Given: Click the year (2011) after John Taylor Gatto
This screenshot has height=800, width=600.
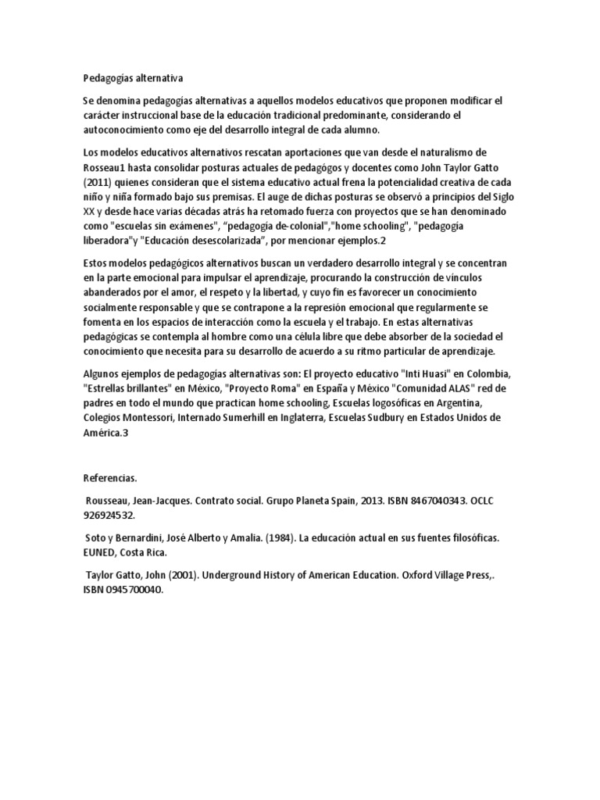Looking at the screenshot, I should point(98,180).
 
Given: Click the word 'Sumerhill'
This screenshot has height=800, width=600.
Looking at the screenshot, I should point(268,418).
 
